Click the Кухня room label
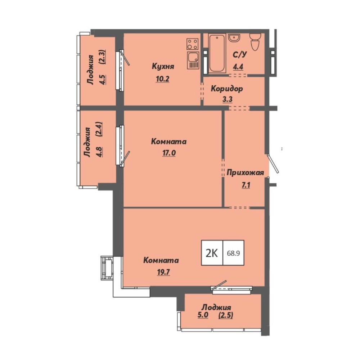(x=163, y=67)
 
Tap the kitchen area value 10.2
(x=163, y=79)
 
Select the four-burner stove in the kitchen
(x=192, y=44)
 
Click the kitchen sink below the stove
(x=193, y=60)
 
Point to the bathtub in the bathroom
(x=217, y=54)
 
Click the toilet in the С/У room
(x=255, y=41)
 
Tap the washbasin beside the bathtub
(x=234, y=38)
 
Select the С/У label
(x=240, y=55)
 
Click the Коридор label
(x=227, y=89)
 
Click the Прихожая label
(x=245, y=173)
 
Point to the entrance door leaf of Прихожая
(x=273, y=164)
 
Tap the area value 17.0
(x=169, y=153)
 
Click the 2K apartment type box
(x=212, y=253)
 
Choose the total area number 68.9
(x=233, y=253)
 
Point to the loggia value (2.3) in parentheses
(x=102, y=57)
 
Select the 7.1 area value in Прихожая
(x=246, y=185)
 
